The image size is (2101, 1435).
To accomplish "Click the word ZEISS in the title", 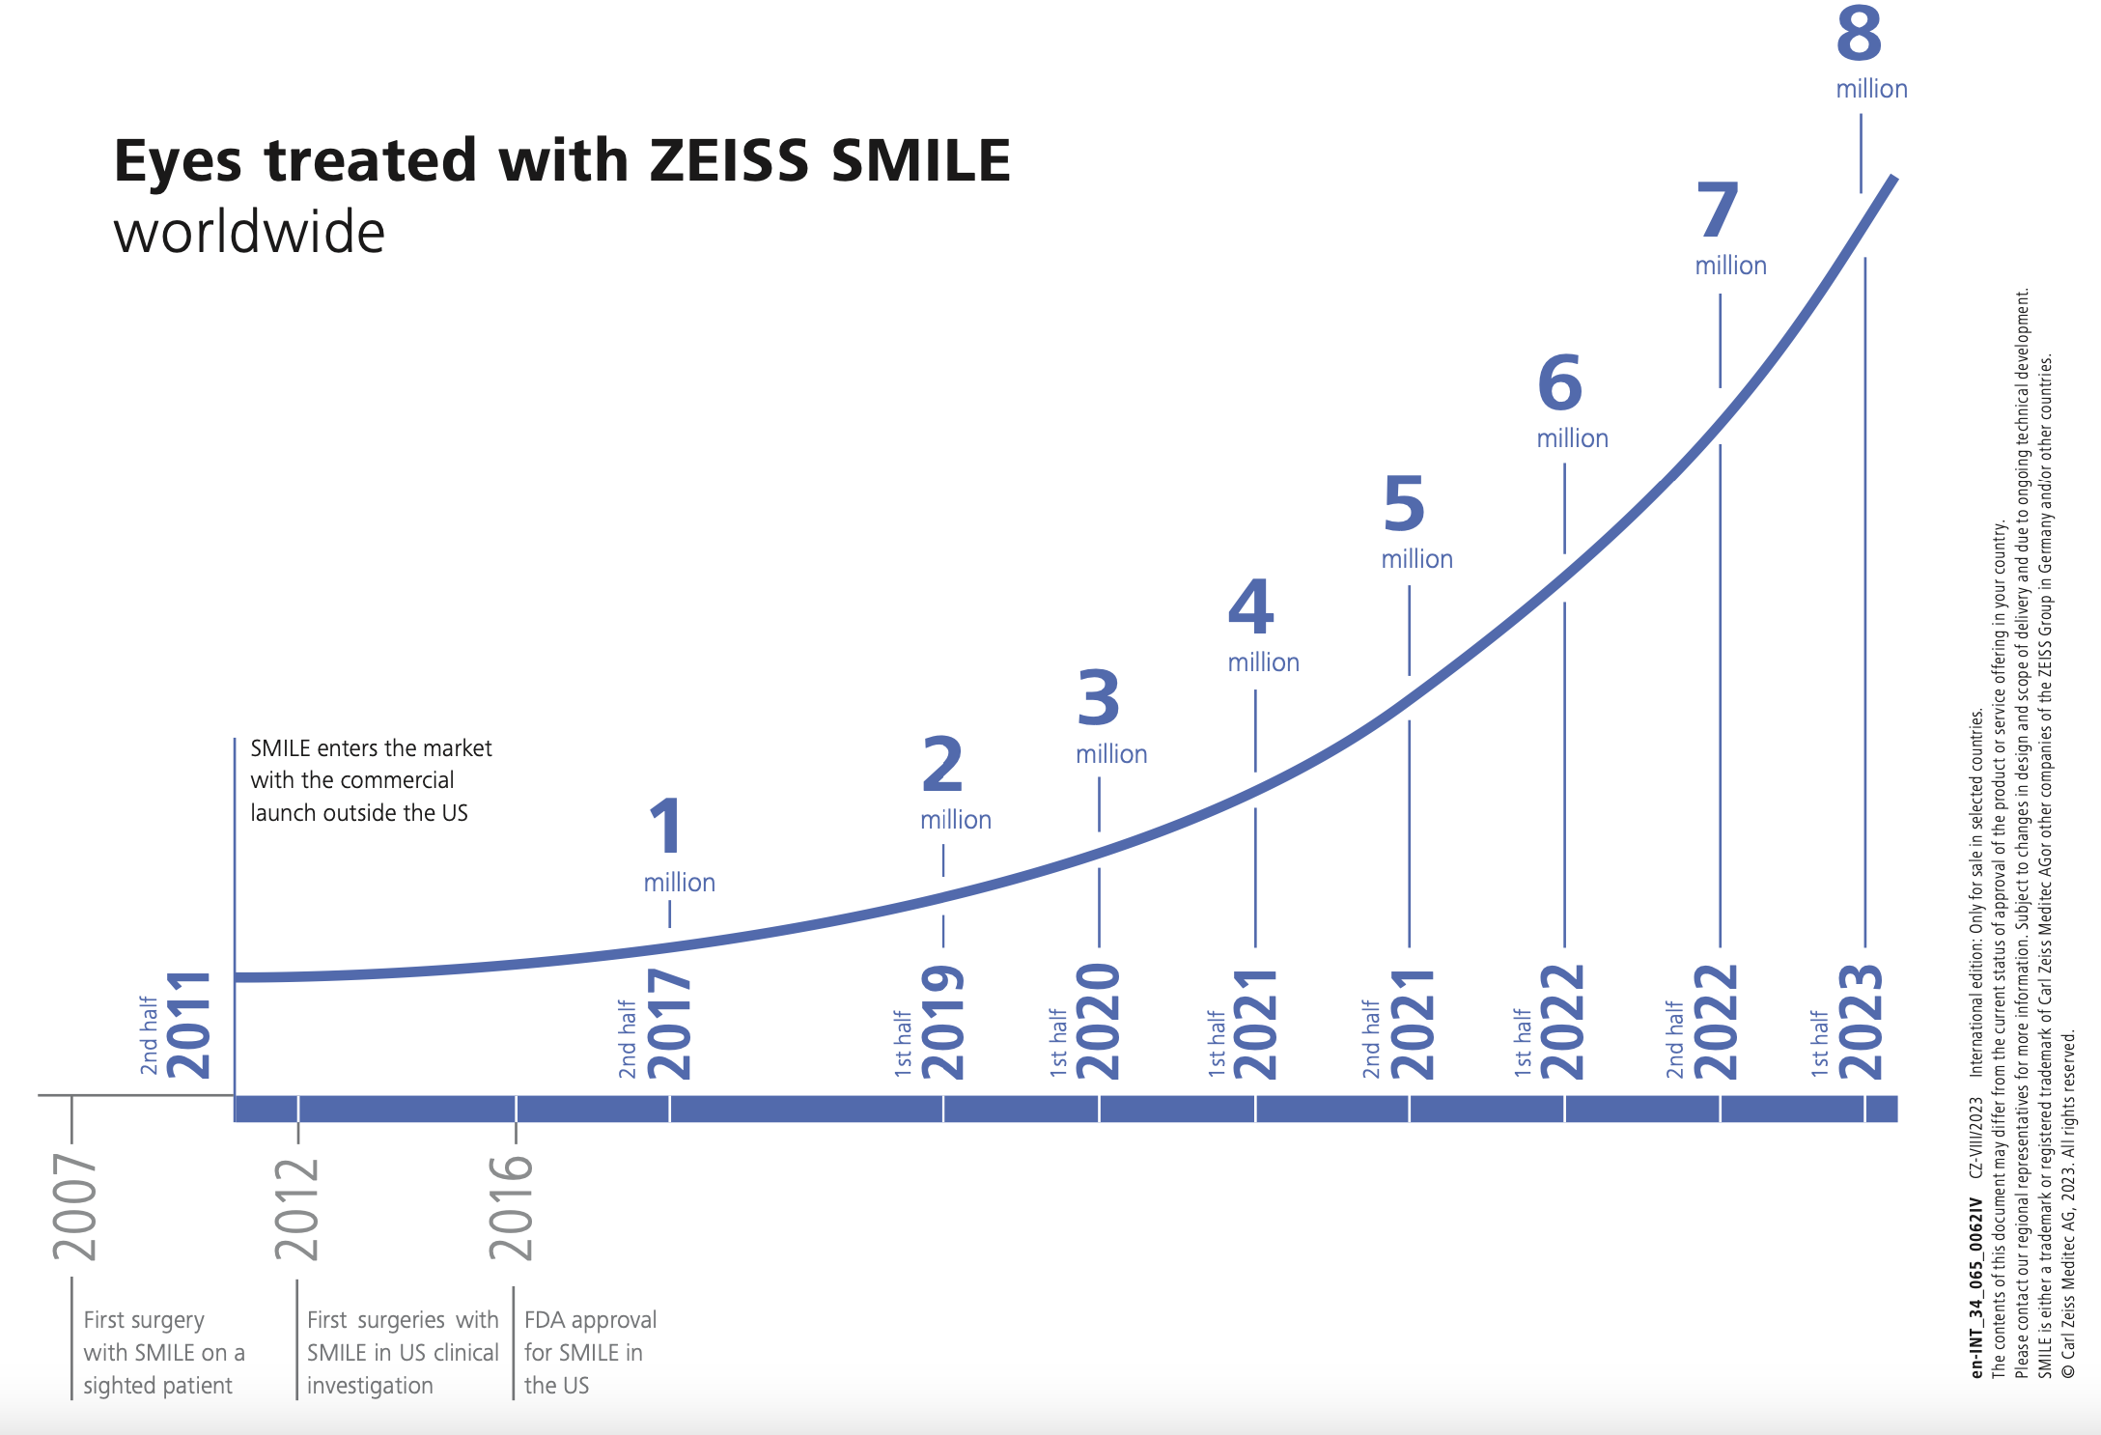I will [x=729, y=160].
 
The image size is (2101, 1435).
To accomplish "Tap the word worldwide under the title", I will [x=249, y=233].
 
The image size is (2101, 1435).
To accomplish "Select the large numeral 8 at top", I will [x=1859, y=34].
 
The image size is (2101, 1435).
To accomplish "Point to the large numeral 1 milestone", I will [x=665, y=827].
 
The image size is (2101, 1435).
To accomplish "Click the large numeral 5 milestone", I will [x=1403, y=504].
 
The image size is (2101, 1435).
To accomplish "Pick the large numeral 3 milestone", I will [x=1099, y=698].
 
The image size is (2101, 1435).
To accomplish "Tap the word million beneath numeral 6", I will [x=1572, y=439].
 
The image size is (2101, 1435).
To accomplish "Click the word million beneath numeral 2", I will [x=955, y=821].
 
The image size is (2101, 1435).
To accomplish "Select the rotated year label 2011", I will [x=189, y=1025].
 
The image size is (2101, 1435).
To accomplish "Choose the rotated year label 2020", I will [x=1098, y=1022].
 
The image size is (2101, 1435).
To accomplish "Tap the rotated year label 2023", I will [x=1861, y=1022].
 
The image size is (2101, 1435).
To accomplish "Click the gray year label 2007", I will [x=75, y=1207].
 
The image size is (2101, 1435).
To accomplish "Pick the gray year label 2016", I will [x=511, y=1207].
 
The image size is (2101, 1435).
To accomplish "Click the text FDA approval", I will [x=590, y=1320].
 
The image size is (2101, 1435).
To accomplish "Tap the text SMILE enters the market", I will [x=371, y=748].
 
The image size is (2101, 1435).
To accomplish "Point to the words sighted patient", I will [x=157, y=1386].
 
